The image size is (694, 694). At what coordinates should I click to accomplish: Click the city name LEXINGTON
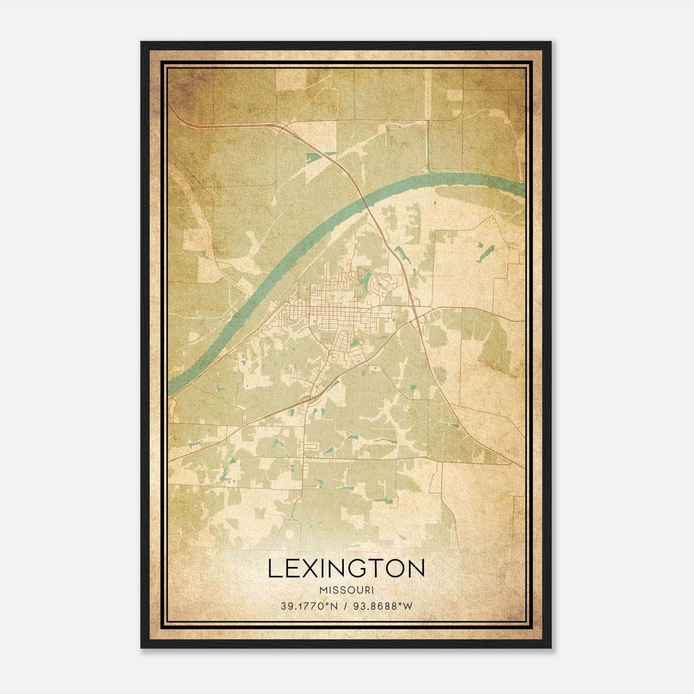tap(346, 569)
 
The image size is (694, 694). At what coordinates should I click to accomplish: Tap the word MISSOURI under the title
tap(346, 590)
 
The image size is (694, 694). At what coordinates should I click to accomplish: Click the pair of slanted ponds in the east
tap(485, 253)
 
